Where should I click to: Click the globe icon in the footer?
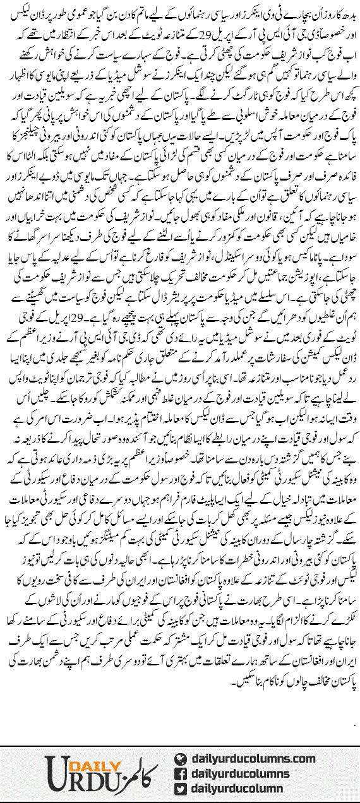click(x=181, y=759)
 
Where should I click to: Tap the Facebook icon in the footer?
click(x=181, y=773)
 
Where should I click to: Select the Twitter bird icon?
click(x=181, y=788)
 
